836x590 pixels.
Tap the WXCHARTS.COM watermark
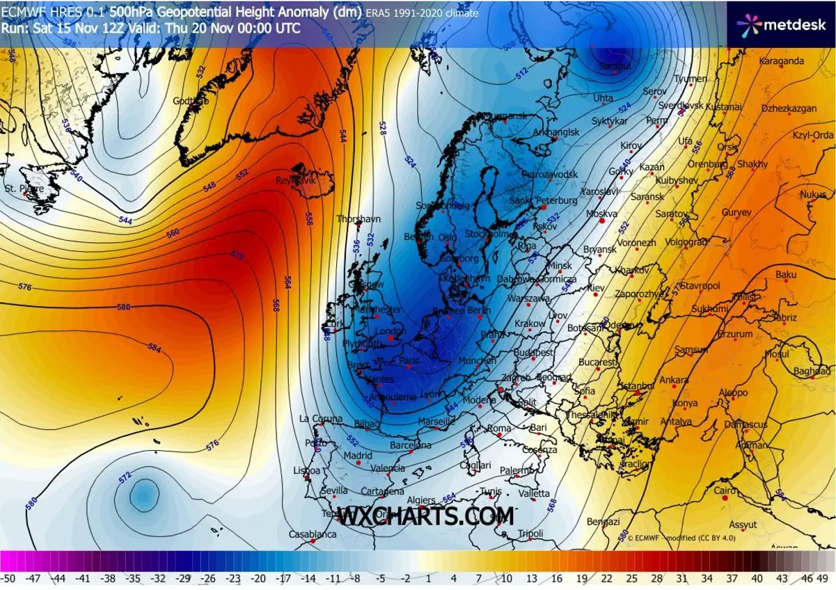[x=426, y=516]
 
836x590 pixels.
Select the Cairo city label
[x=725, y=491]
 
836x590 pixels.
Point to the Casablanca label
[x=313, y=534]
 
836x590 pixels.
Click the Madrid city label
[x=358, y=456]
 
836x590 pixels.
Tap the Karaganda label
[x=781, y=61]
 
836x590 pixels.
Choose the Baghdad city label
[x=812, y=372]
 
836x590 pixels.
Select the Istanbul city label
[x=638, y=385]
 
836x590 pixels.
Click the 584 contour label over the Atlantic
[x=154, y=348]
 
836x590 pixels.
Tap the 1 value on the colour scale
[x=428, y=578]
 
